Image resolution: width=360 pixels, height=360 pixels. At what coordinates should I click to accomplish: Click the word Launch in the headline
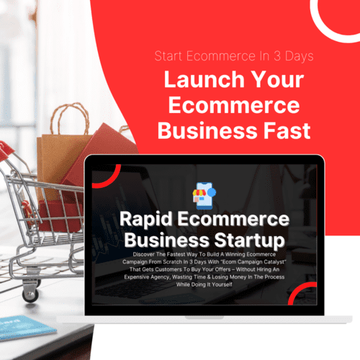click(204, 79)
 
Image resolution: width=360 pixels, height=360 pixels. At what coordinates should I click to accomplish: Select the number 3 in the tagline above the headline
click(277, 56)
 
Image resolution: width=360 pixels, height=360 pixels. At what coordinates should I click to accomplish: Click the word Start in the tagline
click(168, 56)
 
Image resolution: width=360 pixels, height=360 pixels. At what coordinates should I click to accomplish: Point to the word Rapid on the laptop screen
click(146, 220)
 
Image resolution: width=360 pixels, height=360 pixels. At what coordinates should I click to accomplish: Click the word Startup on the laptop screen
click(250, 240)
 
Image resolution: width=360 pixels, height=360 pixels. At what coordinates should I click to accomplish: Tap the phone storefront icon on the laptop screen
click(204, 196)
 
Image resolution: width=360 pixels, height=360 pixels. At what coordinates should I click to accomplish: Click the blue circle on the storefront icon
click(212, 192)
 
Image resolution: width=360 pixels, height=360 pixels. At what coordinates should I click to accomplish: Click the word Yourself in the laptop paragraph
click(222, 284)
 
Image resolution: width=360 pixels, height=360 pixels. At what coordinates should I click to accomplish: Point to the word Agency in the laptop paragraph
click(160, 277)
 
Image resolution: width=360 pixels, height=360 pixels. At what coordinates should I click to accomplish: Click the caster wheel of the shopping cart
click(30, 295)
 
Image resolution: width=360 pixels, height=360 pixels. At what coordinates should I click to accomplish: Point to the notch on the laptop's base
click(204, 318)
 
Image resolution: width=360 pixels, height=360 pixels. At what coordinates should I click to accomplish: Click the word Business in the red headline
click(207, 131)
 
